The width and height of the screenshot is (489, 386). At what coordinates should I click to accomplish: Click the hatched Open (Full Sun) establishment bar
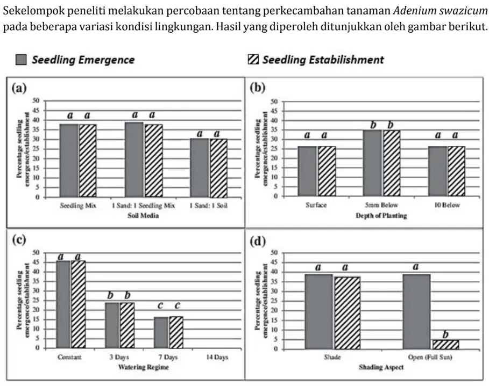(445, 344)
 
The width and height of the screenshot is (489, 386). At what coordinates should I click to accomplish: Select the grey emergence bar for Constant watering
(63, 304)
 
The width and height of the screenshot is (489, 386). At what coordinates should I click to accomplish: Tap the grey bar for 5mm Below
(373, 163)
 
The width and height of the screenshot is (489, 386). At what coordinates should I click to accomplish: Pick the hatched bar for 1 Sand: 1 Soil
(218, 168)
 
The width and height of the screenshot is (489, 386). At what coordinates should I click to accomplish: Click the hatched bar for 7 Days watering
(176, 332)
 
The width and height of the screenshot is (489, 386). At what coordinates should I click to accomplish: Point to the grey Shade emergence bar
(318, 311)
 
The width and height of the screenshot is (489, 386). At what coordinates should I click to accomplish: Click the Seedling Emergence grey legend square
(21, 60)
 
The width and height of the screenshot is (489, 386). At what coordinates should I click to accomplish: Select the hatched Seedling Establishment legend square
(253, 59)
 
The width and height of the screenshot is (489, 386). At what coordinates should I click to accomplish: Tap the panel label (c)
(19, 240)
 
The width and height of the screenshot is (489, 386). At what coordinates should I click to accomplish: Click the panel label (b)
(258, 88)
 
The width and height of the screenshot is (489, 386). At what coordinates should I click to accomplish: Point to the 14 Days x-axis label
(217, 357)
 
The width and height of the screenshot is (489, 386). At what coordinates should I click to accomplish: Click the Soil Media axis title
(143, 215)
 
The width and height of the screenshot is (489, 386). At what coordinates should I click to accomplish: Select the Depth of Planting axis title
(381, 215)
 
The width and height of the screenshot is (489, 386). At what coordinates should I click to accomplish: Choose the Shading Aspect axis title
(381, 367)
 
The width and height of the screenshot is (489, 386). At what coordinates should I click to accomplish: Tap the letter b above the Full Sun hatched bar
(445, 334)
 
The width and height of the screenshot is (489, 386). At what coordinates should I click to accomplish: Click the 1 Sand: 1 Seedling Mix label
(144, 206)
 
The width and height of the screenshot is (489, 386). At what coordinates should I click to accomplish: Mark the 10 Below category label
(447, 205)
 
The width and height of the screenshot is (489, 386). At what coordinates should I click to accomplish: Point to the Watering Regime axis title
(144, 367)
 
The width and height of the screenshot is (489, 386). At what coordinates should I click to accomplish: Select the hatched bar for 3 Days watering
(127, 325)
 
